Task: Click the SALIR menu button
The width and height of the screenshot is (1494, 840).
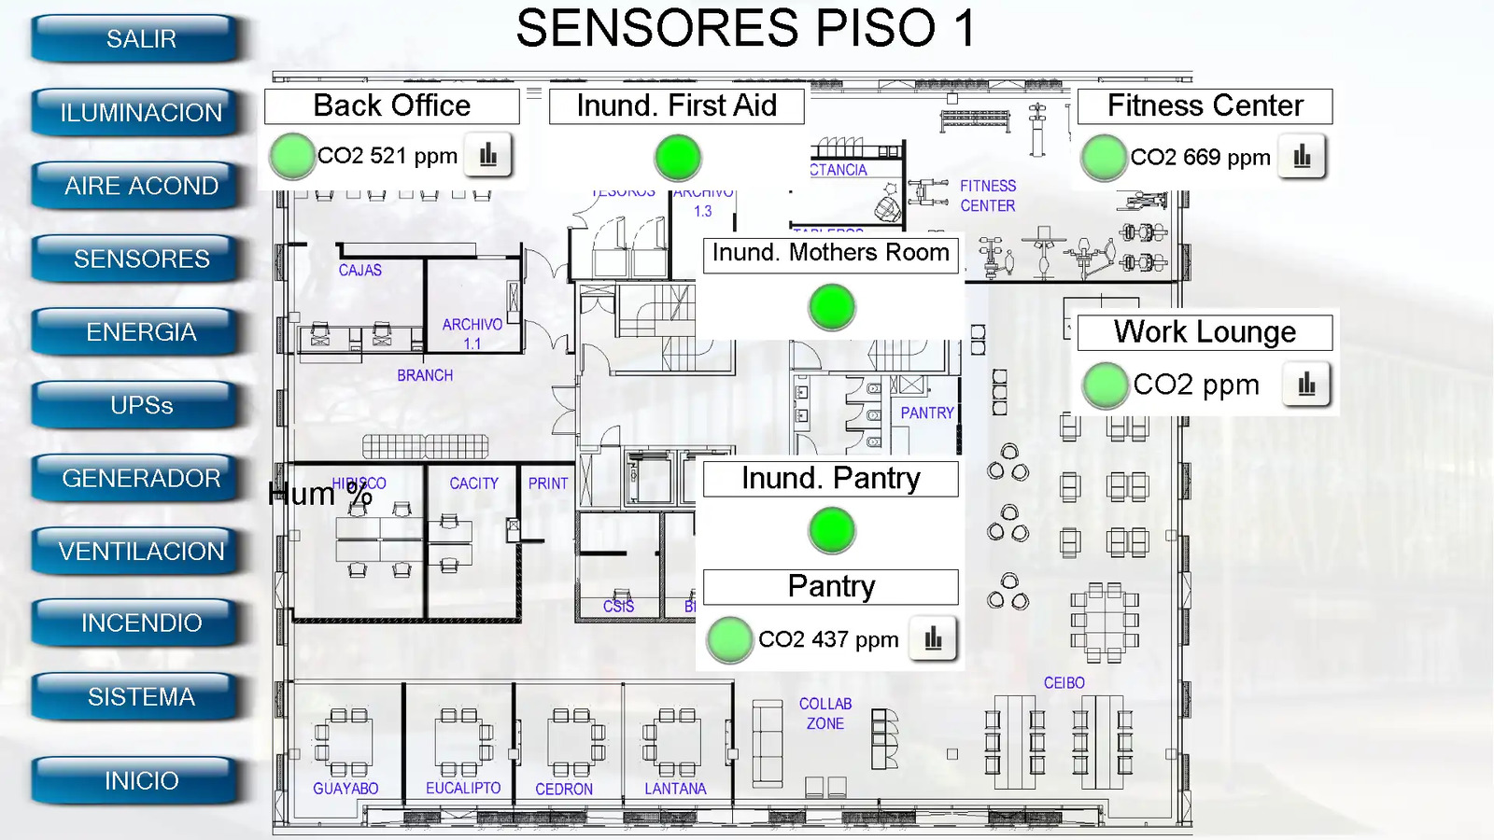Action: pos(141,39)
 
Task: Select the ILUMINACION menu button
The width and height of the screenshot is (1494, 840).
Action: pos(141,113)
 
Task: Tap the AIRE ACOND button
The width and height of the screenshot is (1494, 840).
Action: pos(141,186)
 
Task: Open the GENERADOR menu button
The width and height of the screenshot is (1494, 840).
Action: pos(141,478)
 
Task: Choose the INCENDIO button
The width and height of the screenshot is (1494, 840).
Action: pos(141,623)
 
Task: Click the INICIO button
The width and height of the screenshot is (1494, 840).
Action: pos(141,780)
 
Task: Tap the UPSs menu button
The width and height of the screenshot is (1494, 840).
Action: pos(141,405)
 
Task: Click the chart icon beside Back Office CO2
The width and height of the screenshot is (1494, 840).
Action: pos(488,156)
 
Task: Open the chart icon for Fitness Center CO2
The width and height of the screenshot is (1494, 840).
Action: pos(1302,157)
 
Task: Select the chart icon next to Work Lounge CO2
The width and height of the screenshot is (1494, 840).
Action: pos(1306,384)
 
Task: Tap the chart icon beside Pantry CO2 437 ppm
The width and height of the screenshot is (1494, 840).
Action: pos(933,639)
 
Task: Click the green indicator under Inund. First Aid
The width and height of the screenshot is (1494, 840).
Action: pos(678,157)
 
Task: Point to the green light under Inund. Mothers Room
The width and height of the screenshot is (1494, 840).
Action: pos(831,306)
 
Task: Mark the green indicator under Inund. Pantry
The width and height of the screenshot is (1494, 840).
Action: pos(831,530)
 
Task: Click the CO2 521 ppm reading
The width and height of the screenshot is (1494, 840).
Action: pos(388,156)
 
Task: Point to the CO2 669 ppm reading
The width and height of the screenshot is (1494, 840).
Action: pos(1200,158)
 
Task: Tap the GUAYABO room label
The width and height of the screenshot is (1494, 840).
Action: pos(345,789)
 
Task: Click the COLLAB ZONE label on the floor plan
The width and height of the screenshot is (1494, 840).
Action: pos(825,714)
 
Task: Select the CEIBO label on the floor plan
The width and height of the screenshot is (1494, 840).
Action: pos(1064,683)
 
